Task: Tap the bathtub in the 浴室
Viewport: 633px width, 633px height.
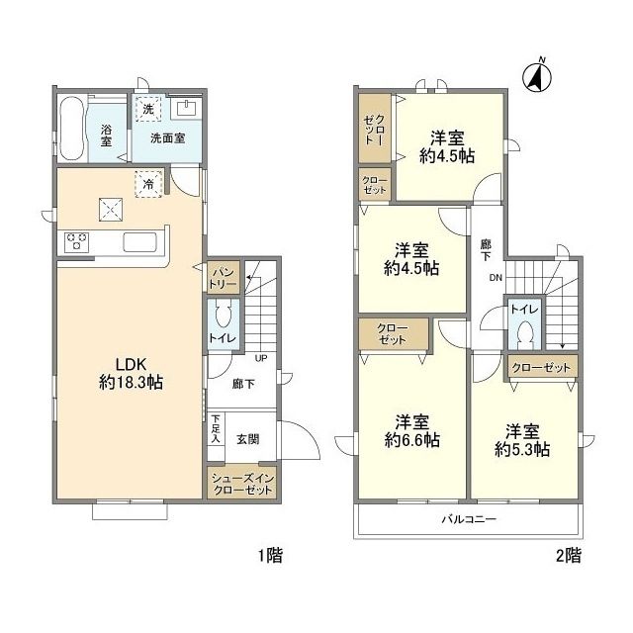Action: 72,128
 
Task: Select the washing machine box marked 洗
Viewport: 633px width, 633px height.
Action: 148,109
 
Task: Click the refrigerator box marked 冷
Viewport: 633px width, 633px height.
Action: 148,184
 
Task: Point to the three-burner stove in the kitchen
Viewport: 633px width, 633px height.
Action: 76,241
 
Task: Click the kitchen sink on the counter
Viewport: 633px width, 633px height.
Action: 139,241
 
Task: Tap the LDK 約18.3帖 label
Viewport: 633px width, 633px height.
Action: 132,373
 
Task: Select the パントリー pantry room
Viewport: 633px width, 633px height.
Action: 223,277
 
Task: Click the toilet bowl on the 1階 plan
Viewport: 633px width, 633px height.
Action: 222,314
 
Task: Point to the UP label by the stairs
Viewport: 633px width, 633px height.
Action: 261,358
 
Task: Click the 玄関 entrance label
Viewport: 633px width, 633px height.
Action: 247,439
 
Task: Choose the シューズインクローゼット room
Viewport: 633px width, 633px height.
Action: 241,484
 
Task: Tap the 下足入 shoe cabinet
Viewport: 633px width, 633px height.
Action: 216,428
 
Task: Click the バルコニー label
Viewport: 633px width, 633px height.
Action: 468,518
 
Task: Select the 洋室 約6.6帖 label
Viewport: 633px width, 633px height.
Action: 411,431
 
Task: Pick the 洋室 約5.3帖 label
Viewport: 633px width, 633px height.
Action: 522,440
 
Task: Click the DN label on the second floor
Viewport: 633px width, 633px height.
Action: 496,278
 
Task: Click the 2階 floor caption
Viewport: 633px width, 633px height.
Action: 569,556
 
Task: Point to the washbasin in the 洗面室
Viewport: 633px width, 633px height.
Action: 186,107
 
